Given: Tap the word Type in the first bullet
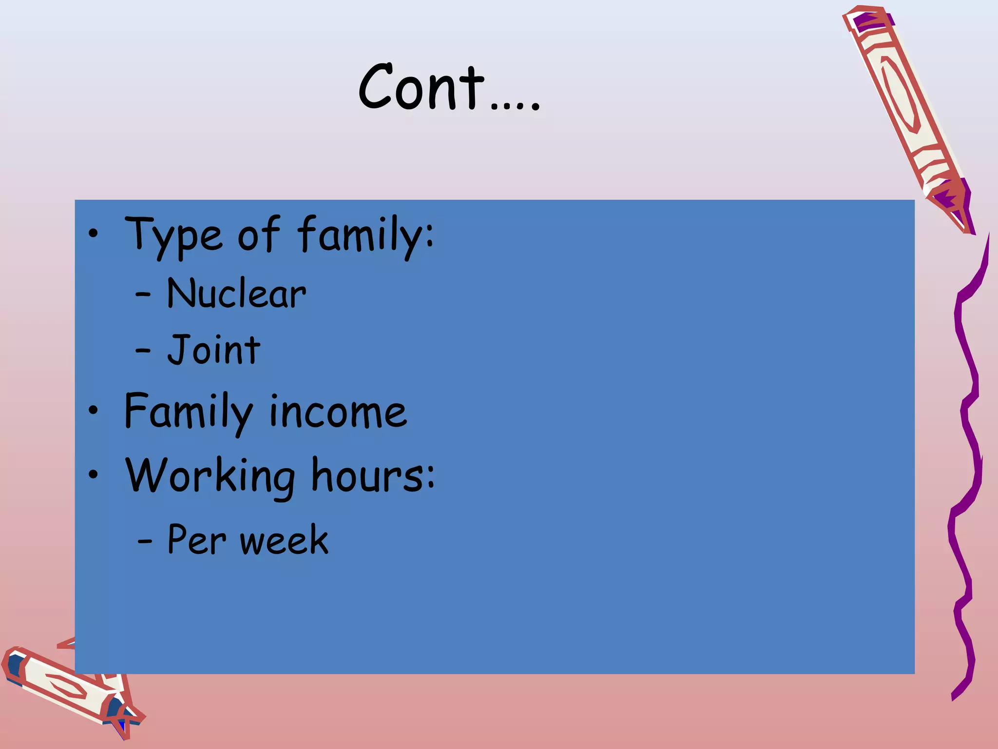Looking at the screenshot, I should tap(174, 235).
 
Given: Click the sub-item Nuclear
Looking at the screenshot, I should tap(236, 294).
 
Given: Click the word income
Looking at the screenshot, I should tap(338, 413).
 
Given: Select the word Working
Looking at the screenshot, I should tap(210, 476).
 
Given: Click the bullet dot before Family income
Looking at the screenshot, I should tap(93, 411).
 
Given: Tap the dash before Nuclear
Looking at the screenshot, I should tap(143, 295).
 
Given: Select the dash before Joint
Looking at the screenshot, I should tap(143, 350).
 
